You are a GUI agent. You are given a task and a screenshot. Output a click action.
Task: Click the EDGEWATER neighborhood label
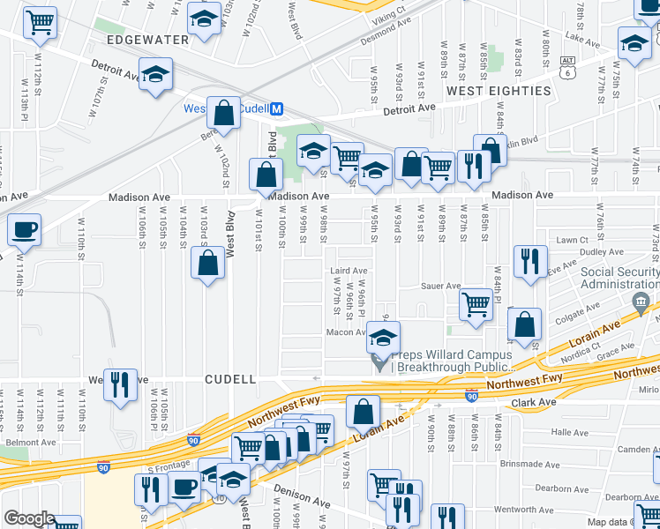(x=147, y=41)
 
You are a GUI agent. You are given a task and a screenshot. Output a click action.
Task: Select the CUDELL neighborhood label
(x=230, y=379)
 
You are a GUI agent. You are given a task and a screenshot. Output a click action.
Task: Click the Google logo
(x=29, y=518)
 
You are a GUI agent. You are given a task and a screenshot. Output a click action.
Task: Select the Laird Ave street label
(x=348, y=271)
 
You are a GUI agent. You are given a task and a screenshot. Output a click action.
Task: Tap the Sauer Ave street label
(x=441, y=286)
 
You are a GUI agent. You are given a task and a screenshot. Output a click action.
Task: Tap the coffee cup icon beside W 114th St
(x=24, y=229)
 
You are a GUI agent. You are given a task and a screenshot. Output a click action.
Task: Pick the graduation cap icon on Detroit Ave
(x=156, y=76)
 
